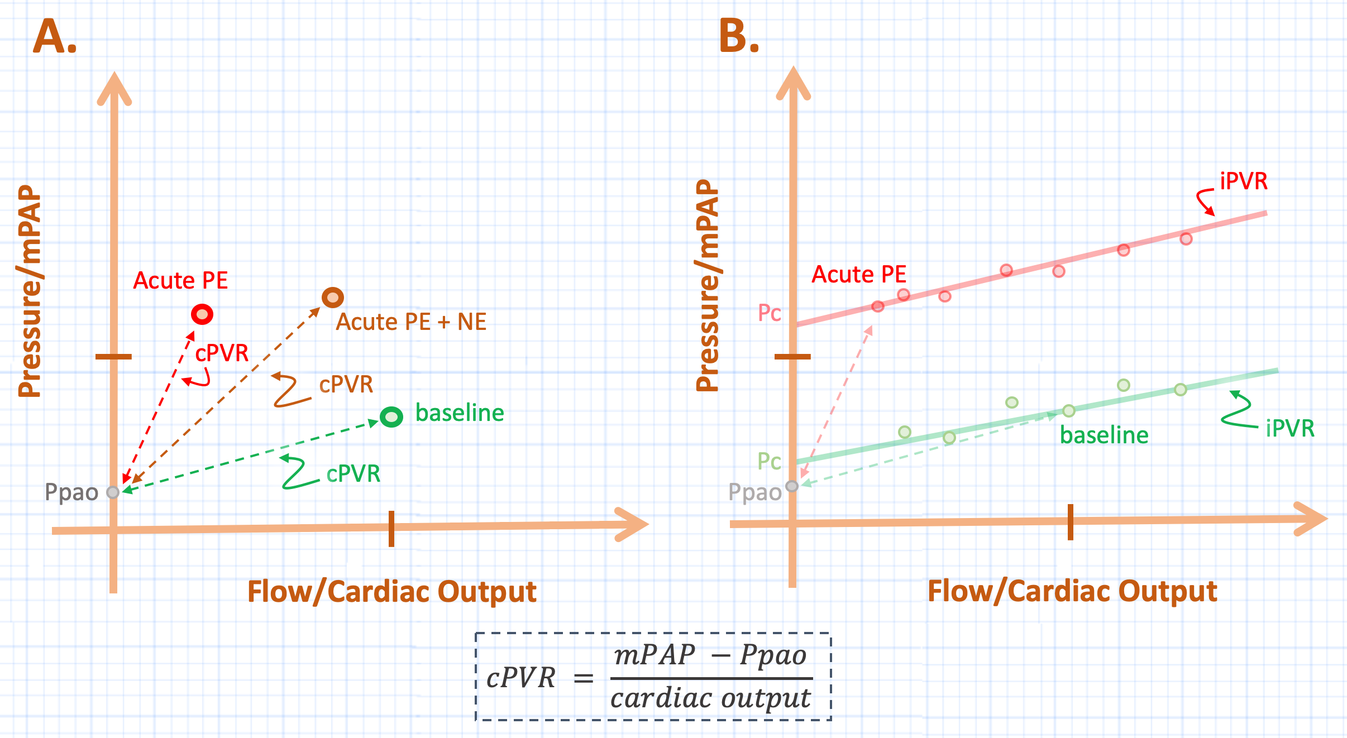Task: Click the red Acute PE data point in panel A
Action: pyautogui.click(x=202, y=314)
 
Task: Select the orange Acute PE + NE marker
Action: pyautogui.click(x=333, y=298)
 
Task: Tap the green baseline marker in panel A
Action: pyautogui.click(x=391, y=416)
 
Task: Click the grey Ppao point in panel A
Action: pyautogui.click(x=113, y=492)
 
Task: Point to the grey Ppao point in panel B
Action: pyautogui.click(x=792, y=486)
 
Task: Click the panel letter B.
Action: pyautogui.click(x=738, y=36)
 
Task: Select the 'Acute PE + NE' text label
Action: pyautogui.click(x=411, y=322)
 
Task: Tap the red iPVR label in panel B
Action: pyautogui.click(x=1244, y=181)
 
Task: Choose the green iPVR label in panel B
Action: pyautogui.click(x=1290, y=429)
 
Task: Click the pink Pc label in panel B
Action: pyautogui.click(x=769, y=313)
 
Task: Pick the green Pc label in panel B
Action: pyautogui.click(x=769, y=462)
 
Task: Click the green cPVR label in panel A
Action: pyautogui.click(x=353, y=474)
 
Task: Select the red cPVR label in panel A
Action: pyautogui.click(x=222, y=353)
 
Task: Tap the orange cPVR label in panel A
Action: pyautogui.click(x=346, y=385)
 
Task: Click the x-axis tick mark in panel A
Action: pyautogui.click(x=391, y=528)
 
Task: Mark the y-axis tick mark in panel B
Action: pyautogui.click(x=792, y=356)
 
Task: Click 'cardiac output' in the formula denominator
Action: pyautogui.click(x=710, y=698)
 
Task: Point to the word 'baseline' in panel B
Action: pyautogui.click(x=1104, y=435)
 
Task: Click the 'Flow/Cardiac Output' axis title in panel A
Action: pyautogui.click(x=392, y=592)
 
